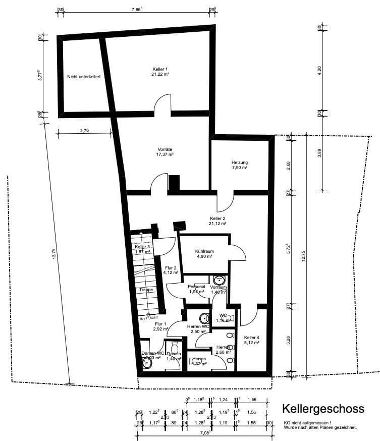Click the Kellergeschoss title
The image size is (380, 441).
click(x=323, y=408)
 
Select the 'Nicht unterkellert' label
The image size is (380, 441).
click(x=84, y=77)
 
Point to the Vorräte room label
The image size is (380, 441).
click(x=165, y=149)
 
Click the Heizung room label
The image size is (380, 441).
click(x=240, y=162)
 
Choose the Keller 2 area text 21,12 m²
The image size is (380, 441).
click(x=218, y=223)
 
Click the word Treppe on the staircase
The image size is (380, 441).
click(x=146, y=290)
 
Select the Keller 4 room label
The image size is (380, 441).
click(x=251, y=337)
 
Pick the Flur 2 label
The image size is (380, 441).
click(x=171, y=268)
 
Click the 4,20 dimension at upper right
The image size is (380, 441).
click(x=319, y=71)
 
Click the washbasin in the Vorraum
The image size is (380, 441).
click(x=219, y=281)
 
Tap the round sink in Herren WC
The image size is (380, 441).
click(x=204, y=318)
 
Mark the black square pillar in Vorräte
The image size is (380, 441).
click(x=174, y=182)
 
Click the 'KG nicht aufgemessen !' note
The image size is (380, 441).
click(x=307, y=422)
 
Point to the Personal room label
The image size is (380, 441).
click(x=197, y=287)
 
